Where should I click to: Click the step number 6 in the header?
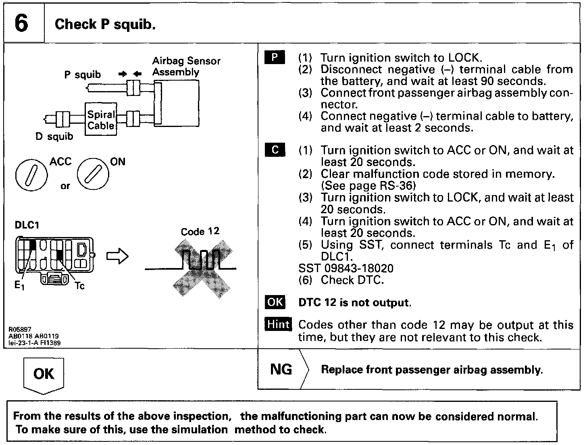tap(21, 23)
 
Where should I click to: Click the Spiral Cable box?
tap(101, 119)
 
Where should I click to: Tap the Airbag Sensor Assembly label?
tap(186, 67)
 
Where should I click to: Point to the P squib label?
tap(82, 75)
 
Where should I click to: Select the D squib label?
tap(54, 137)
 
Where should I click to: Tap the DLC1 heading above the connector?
tap(27, 225)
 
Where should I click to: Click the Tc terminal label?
tap(79, 286)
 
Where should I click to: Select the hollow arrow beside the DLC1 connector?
tap(117, 256)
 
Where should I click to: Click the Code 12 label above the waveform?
tap(200, 231)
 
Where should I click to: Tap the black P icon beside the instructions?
tap(275, 58)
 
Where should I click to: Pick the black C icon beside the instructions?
tap(275, 150)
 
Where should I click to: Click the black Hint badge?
tap(278, 324)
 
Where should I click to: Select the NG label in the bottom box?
tap(281, 369)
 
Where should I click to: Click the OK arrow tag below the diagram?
tap(44, 374)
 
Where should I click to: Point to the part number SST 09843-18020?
tap(346, 268)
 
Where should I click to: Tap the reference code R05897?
tap(20, 329)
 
